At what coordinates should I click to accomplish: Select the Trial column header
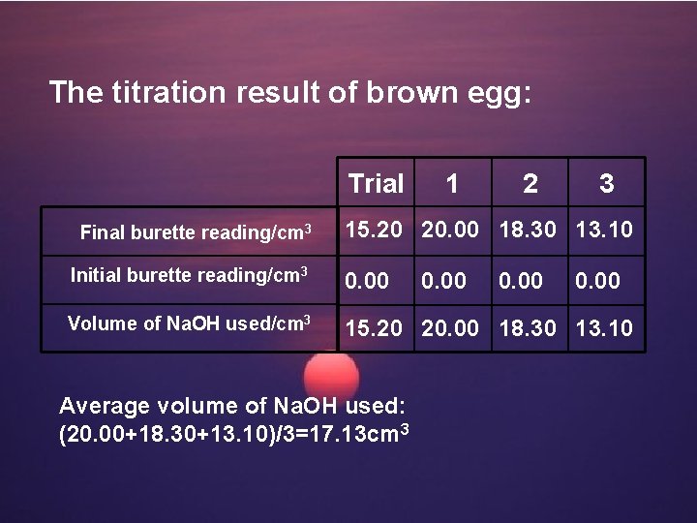tap(376, 183)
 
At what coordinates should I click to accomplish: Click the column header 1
tap(452, 183)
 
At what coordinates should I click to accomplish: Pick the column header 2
tap(530, 183)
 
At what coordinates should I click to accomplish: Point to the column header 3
tap(606, 183)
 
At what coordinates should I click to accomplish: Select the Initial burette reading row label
tap(190, 276)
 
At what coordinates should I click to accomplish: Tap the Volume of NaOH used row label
tap(189, 323)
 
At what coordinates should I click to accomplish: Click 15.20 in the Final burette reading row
tap(375, 231)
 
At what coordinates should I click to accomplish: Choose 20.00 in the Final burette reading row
tap(451, 231)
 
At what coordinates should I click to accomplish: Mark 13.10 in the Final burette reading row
tap(606, 231)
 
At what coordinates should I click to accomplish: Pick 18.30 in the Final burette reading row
tap(529, 231)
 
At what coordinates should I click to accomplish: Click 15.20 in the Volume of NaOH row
tap(375, 327)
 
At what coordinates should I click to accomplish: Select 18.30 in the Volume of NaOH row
tap(529, 327)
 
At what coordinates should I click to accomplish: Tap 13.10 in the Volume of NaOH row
tap(606, 327)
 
